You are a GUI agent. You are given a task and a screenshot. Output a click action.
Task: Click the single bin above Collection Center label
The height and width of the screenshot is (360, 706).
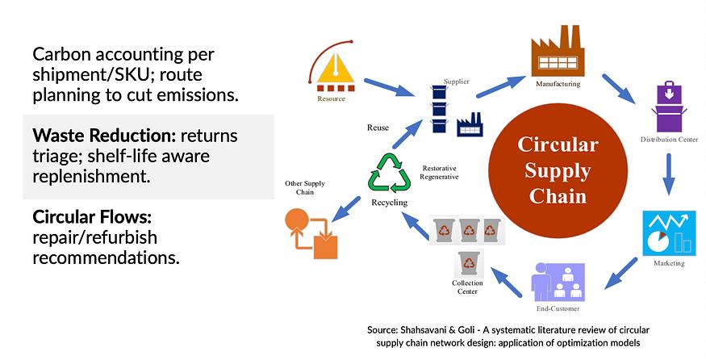(x=468, y=263)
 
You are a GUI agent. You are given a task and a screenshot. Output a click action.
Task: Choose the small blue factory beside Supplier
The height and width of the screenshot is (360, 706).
(x=469, y=126)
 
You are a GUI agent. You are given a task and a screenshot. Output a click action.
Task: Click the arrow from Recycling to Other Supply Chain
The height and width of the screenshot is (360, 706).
(x=346, y=207)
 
